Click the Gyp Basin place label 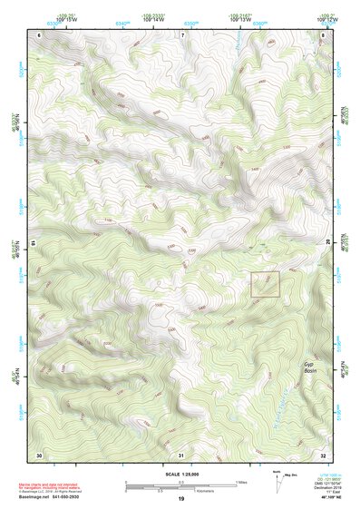[x=311, y=367]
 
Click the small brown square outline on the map [x=265, y=285]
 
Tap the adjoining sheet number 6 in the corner [x=39, y=34]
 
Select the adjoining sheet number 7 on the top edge [x=181, y=34]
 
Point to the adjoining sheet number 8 [x=324, y=34]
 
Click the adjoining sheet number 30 [x=39, y=454]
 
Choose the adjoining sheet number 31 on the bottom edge [x=181, y=454]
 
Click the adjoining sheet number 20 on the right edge [x=328, y=243]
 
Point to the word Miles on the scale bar [x=241, y=482]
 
